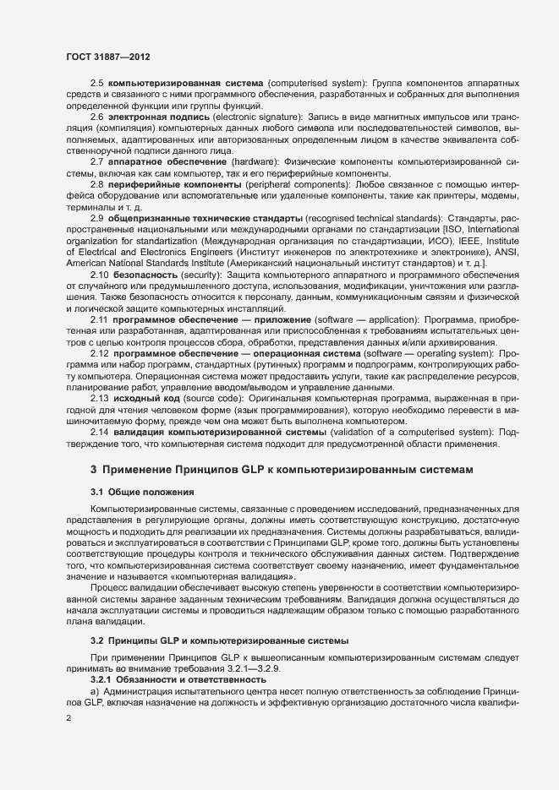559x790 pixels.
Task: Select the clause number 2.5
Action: pos(96,85)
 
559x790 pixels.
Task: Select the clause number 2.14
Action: pos(100,433)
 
